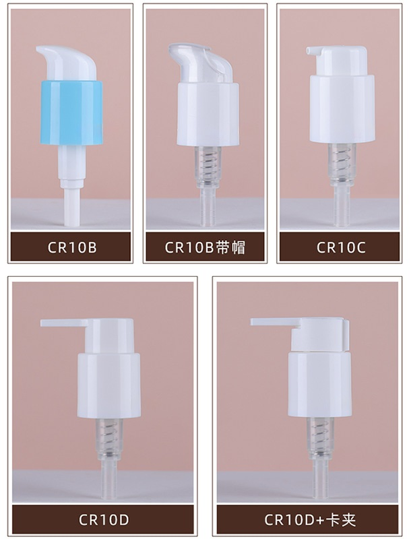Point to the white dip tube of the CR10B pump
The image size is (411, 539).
pos(69,202)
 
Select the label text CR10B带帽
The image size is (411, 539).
pos(205,247)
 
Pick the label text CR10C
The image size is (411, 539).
pos(341,247)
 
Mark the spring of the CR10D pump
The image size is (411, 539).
pos(110,432)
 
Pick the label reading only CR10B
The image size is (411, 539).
pos(71,247)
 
